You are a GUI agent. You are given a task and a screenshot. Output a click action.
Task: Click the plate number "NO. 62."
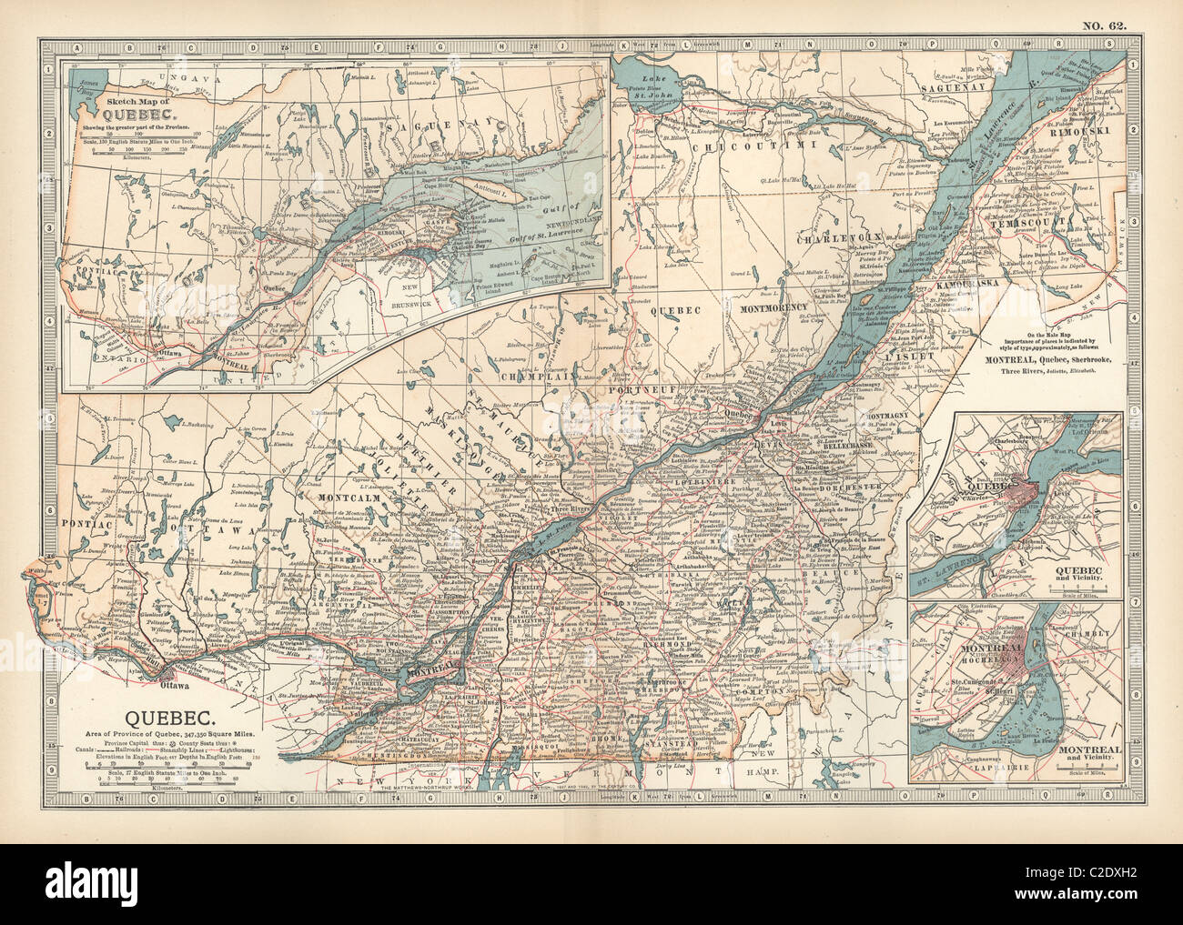[1104, 25]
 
